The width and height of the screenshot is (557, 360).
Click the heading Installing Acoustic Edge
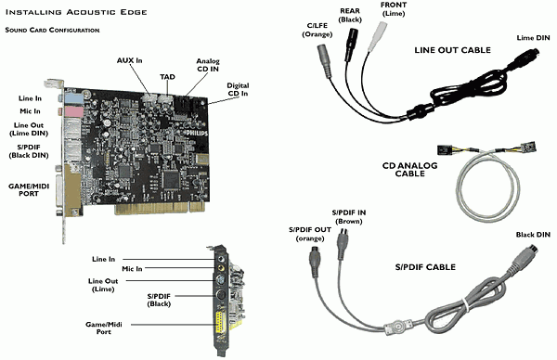76,12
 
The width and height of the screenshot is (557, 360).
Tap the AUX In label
129,60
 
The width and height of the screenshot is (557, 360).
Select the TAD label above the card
167,77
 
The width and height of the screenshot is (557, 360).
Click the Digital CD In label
238,89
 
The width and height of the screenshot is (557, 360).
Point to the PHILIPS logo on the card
197,133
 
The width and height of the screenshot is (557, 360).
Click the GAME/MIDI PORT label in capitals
29,190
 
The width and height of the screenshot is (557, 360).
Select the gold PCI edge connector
161,209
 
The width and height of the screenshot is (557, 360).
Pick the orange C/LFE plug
324,60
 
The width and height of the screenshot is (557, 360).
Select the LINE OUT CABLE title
453,50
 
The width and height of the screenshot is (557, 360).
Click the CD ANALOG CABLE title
410,170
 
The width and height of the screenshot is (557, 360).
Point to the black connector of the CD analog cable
444,149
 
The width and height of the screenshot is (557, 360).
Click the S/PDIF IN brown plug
343,244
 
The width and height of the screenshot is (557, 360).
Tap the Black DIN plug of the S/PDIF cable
526,257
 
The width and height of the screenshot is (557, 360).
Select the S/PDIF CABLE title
425,267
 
